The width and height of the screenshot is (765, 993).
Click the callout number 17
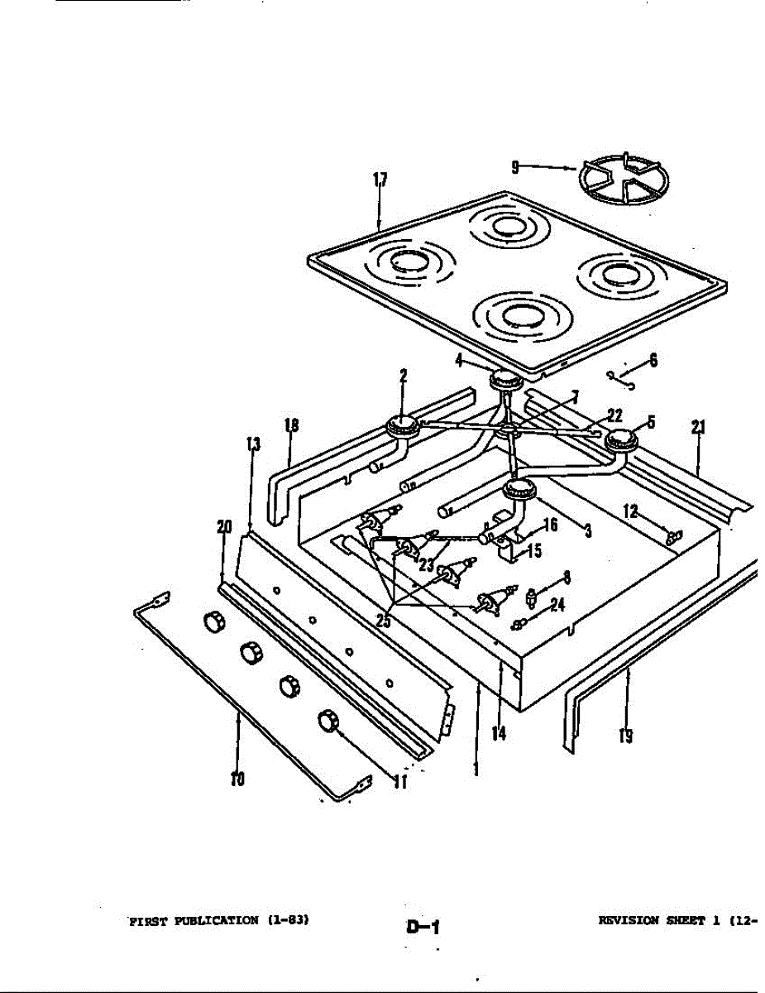[x=380, y=181]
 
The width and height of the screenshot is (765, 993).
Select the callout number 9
[x=514, y=167]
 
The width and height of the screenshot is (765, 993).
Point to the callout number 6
[x=653, y=361]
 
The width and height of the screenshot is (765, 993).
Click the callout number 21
[x=699, y=428]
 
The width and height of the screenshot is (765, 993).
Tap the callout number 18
[x=290, y=427]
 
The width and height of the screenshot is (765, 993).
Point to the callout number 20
[x=223, y=526]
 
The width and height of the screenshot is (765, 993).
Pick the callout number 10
[x=237, y=779]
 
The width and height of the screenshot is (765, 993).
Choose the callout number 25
[x=384, y=620]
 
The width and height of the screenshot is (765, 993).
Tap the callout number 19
[x=626, y=735]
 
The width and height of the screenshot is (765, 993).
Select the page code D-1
[x=422, y=927]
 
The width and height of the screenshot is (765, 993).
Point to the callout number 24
[x=557, y=605]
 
